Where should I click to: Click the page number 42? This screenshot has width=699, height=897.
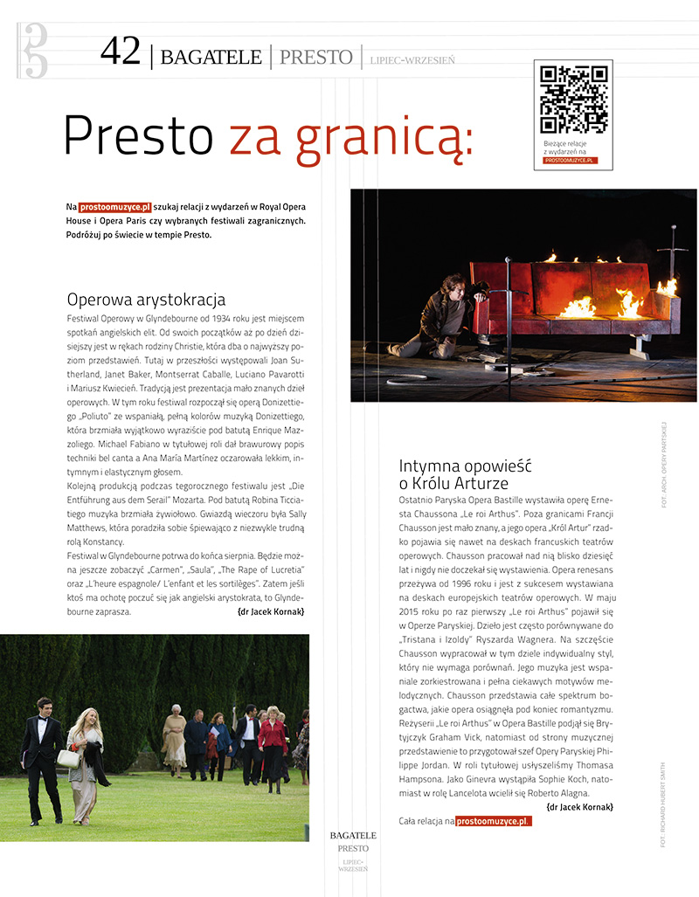point(120,52)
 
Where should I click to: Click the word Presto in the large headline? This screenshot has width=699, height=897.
point(138,137)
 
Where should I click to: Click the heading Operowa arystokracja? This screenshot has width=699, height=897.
point(146,300)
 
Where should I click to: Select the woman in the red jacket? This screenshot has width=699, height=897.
point(272,742)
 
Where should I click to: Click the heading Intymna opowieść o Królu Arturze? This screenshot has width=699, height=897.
point(465,474)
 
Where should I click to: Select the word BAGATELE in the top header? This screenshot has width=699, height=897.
point(211,58)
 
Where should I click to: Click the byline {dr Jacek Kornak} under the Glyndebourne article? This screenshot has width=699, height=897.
point(271,612)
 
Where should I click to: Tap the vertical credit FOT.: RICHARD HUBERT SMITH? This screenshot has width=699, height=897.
point(665,804)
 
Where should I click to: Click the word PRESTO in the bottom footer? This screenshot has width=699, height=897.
point(353,848)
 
